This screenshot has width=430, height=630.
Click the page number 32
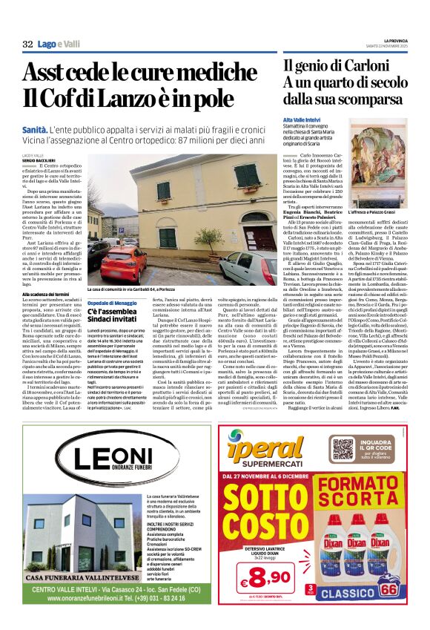point(27,45)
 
